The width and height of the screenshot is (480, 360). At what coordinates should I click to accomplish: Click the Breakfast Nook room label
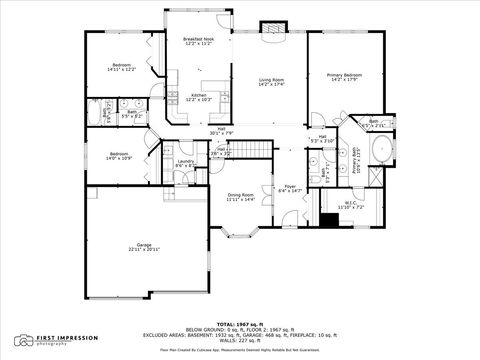pyautogui.click(x=197, y=42)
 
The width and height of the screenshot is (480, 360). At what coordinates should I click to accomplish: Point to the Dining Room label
pyautogui.click(x=241, y=197)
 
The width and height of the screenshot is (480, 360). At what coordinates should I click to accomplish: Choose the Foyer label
pyautogui.click(x=289, y=187)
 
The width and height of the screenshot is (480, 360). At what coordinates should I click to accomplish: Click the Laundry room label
pyautogui.click(x=185, y=163)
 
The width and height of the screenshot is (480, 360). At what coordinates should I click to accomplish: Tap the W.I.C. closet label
pyautogui.click(x=351, y=204)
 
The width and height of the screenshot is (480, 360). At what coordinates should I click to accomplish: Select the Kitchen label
pyautogui.click(x=198, y=97)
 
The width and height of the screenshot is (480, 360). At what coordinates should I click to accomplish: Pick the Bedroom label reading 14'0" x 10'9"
pyautogui.click(x=118, y=156)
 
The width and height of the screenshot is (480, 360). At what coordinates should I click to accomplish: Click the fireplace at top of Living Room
pyautogui.click(x=271, y=29)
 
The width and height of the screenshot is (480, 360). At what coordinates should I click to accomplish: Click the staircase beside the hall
pyautogui.click(x=258, y=150)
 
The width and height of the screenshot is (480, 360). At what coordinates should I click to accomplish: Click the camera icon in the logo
pyautogui.click(x=22, y=340)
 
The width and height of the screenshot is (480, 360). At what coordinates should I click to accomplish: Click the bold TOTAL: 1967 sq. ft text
pyautogui.click(x=240, y=325)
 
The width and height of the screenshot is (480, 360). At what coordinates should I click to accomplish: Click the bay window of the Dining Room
pyautogui.click(x=240, y=235)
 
